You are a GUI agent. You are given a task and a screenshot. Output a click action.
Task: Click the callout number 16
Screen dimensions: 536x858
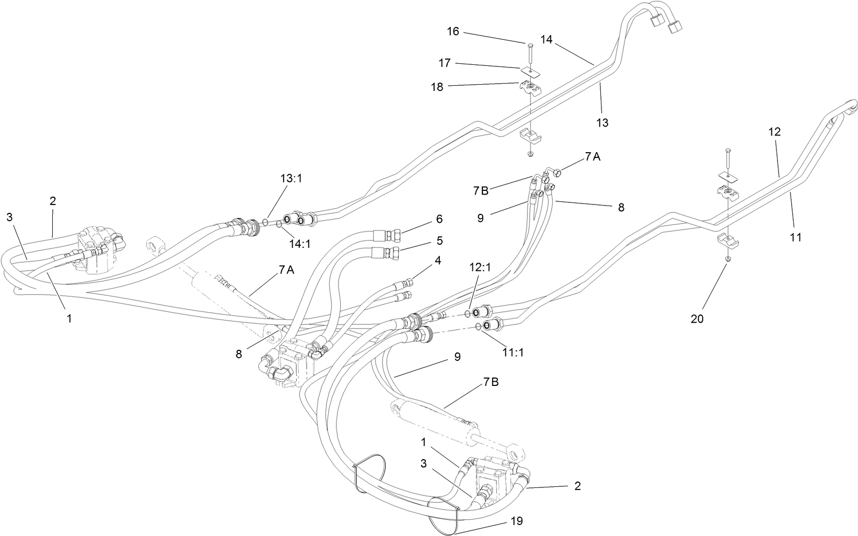(453, 31)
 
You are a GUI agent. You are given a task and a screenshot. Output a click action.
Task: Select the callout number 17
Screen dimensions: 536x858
(444, 63)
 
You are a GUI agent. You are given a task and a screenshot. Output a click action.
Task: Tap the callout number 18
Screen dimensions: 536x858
(437, 87)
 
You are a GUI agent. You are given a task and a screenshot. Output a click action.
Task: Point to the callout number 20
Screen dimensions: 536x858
(697, 318)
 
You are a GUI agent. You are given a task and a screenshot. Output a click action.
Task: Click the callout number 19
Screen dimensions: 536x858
(516, 521)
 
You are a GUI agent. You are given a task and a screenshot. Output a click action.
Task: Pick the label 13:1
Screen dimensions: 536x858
(292, 178)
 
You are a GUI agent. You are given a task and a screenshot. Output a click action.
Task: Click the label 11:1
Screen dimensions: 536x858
(514, 352)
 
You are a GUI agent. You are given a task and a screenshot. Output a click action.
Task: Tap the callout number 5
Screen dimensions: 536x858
(439, 241)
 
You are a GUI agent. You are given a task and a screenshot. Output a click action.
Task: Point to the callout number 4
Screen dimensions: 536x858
(438, 260)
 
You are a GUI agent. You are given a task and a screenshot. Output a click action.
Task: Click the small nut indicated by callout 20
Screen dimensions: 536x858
(728, 259)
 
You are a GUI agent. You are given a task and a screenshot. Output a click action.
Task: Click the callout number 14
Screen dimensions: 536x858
(547, 39)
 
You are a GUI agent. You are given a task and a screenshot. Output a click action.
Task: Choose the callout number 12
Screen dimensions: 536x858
(774, 132)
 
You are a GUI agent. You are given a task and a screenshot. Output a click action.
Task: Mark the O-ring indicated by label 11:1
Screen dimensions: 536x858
(478, 327)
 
